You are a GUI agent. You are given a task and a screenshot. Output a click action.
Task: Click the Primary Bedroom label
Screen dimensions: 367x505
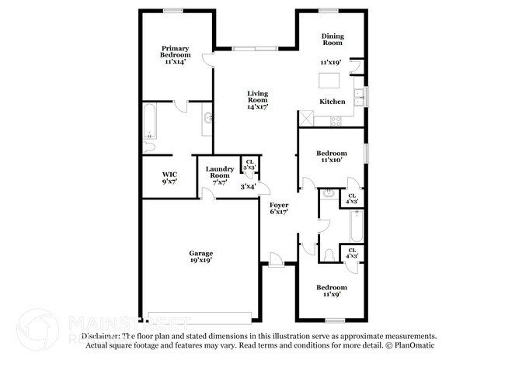coord(176,53)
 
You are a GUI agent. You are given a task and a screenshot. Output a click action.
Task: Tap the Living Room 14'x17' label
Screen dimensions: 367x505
coord(258,99)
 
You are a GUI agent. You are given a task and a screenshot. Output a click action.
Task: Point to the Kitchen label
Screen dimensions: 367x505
coord(333,102)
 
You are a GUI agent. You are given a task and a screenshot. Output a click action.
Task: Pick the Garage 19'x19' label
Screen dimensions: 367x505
coord(201,257)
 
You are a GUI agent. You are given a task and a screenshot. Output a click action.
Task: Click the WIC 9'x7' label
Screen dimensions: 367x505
coord(169,178)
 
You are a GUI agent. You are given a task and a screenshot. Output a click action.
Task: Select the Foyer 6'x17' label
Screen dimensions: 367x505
coord(279,207)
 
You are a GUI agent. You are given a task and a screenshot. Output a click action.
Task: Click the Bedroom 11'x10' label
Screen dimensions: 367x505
coord(333,158)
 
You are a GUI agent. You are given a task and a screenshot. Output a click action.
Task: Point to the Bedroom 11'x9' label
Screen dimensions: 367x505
coord(332,290)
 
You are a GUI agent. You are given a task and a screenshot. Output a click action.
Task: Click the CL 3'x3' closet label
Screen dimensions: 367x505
coord(249,165)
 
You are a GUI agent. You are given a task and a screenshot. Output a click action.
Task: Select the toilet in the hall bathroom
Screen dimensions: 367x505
coord(329,254)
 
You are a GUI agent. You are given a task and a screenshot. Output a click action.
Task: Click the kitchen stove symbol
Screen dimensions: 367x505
coord(336,120)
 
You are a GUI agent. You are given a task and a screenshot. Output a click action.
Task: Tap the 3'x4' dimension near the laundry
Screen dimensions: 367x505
coord(248,186)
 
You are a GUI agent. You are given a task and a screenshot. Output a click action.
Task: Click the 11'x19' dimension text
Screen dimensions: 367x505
coord(331,62)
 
